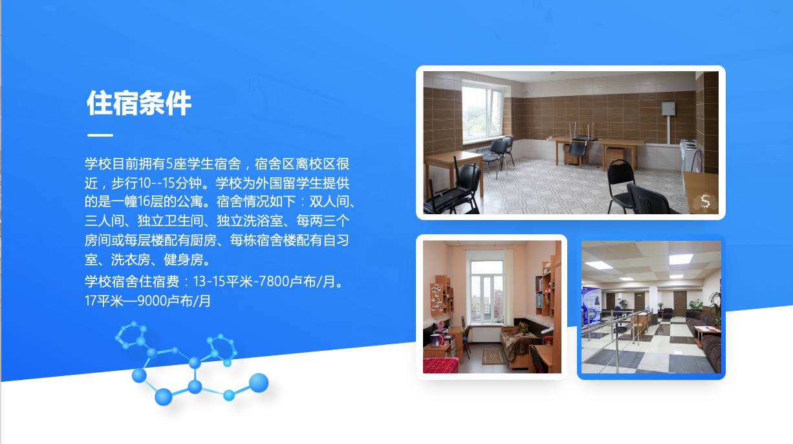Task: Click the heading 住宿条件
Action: [139, 103]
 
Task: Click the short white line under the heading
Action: [100, 135]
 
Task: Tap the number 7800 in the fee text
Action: [274, 282]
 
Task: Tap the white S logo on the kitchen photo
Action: [705, 201]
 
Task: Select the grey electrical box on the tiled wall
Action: [669, 109]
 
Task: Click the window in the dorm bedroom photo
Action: [487, 291]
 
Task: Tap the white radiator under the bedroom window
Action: [486, 334]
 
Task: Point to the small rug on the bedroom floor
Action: [494, 357]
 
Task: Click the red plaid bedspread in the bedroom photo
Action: [440, 365]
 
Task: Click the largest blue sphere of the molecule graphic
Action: [259, 383]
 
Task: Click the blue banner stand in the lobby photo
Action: [591, 305]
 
